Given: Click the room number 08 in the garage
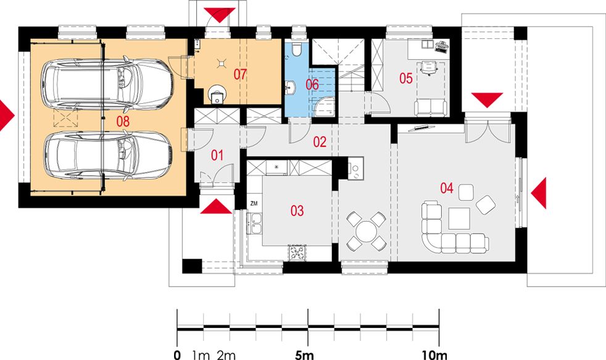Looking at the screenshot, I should point(122,121).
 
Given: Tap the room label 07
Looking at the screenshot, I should point(239,75).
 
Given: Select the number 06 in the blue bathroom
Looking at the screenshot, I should point(312,85).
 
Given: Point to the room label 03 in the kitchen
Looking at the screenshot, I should point(297,211).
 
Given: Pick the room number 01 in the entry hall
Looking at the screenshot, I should point(217,154).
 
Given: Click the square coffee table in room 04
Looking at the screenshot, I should point(460,218).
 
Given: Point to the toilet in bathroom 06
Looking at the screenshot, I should point(296,50).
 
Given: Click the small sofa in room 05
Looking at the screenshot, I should point(430,107).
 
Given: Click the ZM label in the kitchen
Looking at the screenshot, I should point(254,203).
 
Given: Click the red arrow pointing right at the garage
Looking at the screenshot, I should point(6,116).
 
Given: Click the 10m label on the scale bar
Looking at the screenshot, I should point(434,354).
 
